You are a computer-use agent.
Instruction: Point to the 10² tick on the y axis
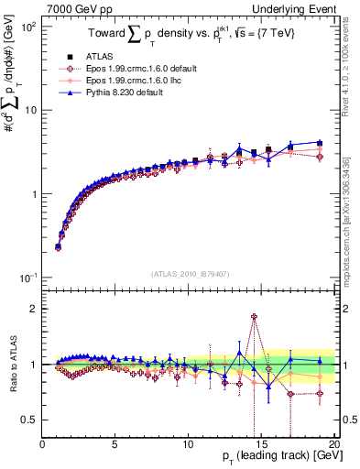point(28,27)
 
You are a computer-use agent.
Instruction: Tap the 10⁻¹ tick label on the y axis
point(28,278)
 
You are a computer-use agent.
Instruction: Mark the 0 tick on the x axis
point(42,446)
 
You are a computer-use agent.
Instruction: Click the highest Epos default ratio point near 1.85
point(254,317)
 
